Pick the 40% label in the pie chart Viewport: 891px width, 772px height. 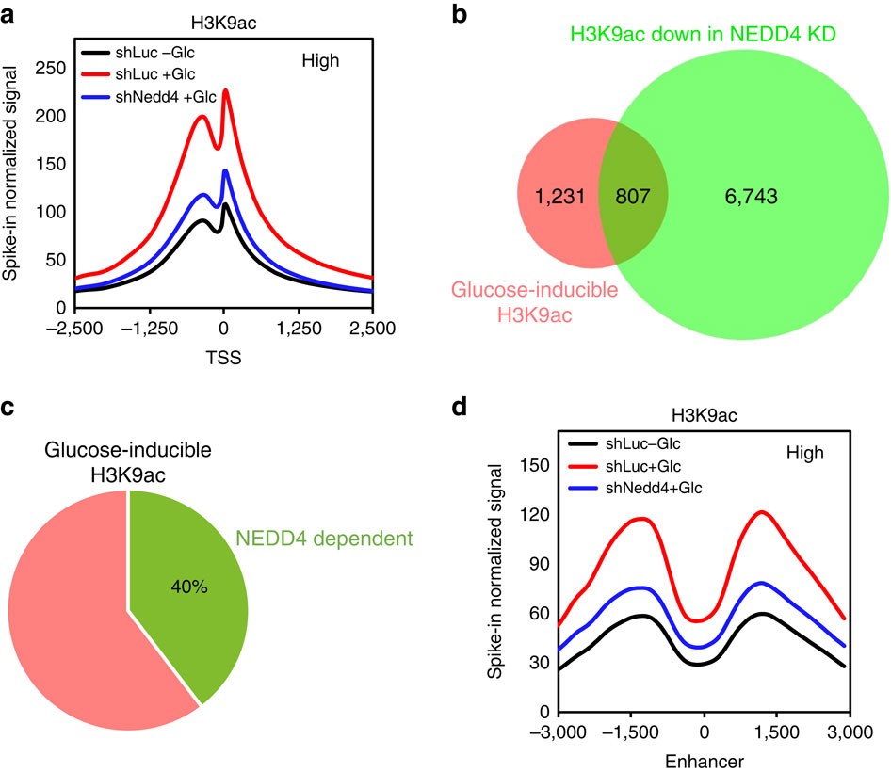pos(187,587)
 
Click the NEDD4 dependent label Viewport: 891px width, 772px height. pos(326,540)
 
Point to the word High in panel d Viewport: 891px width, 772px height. pos(805,454)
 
